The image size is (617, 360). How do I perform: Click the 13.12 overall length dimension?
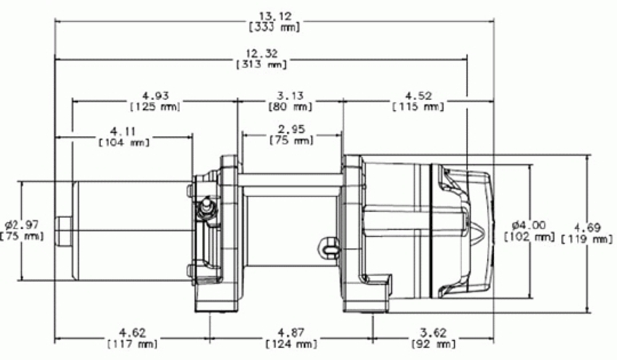(x=275, y=16)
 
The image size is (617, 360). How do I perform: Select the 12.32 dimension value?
(x=262, y=53)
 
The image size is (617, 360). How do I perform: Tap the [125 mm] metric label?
(x=155, y=107)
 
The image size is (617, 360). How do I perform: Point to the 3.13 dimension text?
(x=290, y=96)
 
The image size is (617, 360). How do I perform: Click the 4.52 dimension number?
(x=418, y=96)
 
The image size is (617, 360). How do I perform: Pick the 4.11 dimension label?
(x=123, y=131)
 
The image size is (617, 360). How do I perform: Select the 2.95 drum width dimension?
(x=291, y=129)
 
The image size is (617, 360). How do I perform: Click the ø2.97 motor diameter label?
(x=22, y=225)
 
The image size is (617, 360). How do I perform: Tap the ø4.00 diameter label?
(x=529, y=225)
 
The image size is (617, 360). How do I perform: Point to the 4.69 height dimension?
(x=587, y=228)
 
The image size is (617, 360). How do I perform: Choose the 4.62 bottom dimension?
(x=132, y=333)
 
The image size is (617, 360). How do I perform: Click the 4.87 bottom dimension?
(x=291, y=333)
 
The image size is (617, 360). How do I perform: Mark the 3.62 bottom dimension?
(x=433, y=333)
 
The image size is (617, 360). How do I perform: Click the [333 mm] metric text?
(x=275, y=27)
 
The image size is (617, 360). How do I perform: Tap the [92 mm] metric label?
(x=433, y=344)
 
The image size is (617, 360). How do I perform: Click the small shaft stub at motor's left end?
(x=64, y=231)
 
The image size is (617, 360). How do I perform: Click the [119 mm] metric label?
(x=587, y=239)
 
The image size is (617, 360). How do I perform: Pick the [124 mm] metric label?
(x=291, y=344)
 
